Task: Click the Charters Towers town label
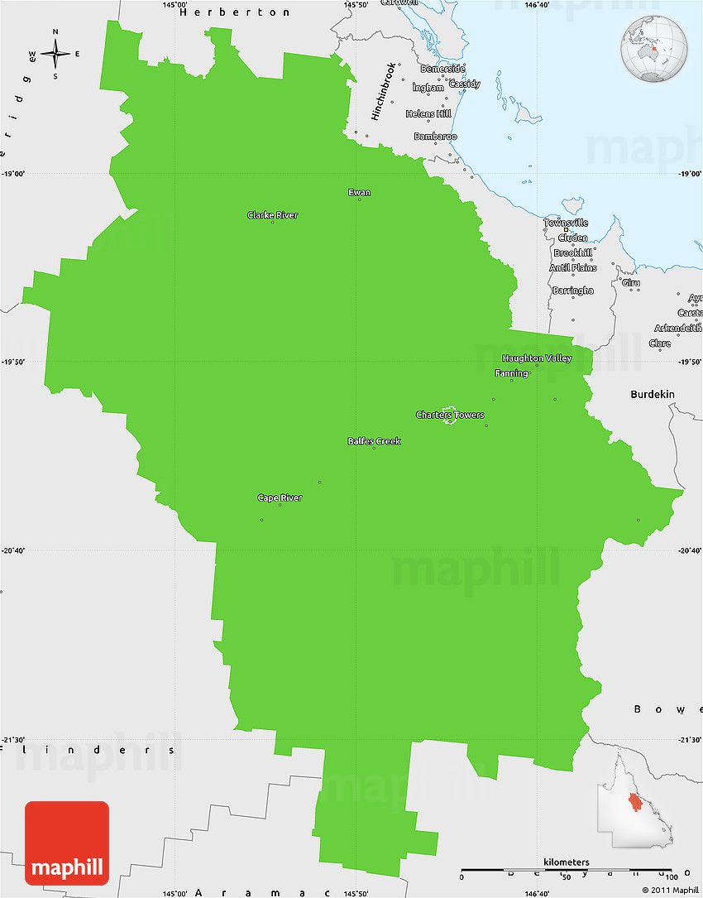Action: pos(450,415)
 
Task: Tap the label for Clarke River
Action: pos(272,215)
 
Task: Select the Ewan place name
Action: pos(359,193)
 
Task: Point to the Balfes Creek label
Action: pos(374,441)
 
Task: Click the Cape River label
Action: pos(280,497)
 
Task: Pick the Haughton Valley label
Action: pos(537,358)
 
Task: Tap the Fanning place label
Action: pos(511,373)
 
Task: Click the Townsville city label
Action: pos(566,223)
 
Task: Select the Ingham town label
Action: pos(428,87)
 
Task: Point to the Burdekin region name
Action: pos(653,395)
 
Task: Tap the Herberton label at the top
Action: pos(235,12)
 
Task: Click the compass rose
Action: pos(55,55)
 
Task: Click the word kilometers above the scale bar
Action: pos(567,862)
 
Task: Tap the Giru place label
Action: pos(631,283)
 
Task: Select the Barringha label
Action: pos(572,291)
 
